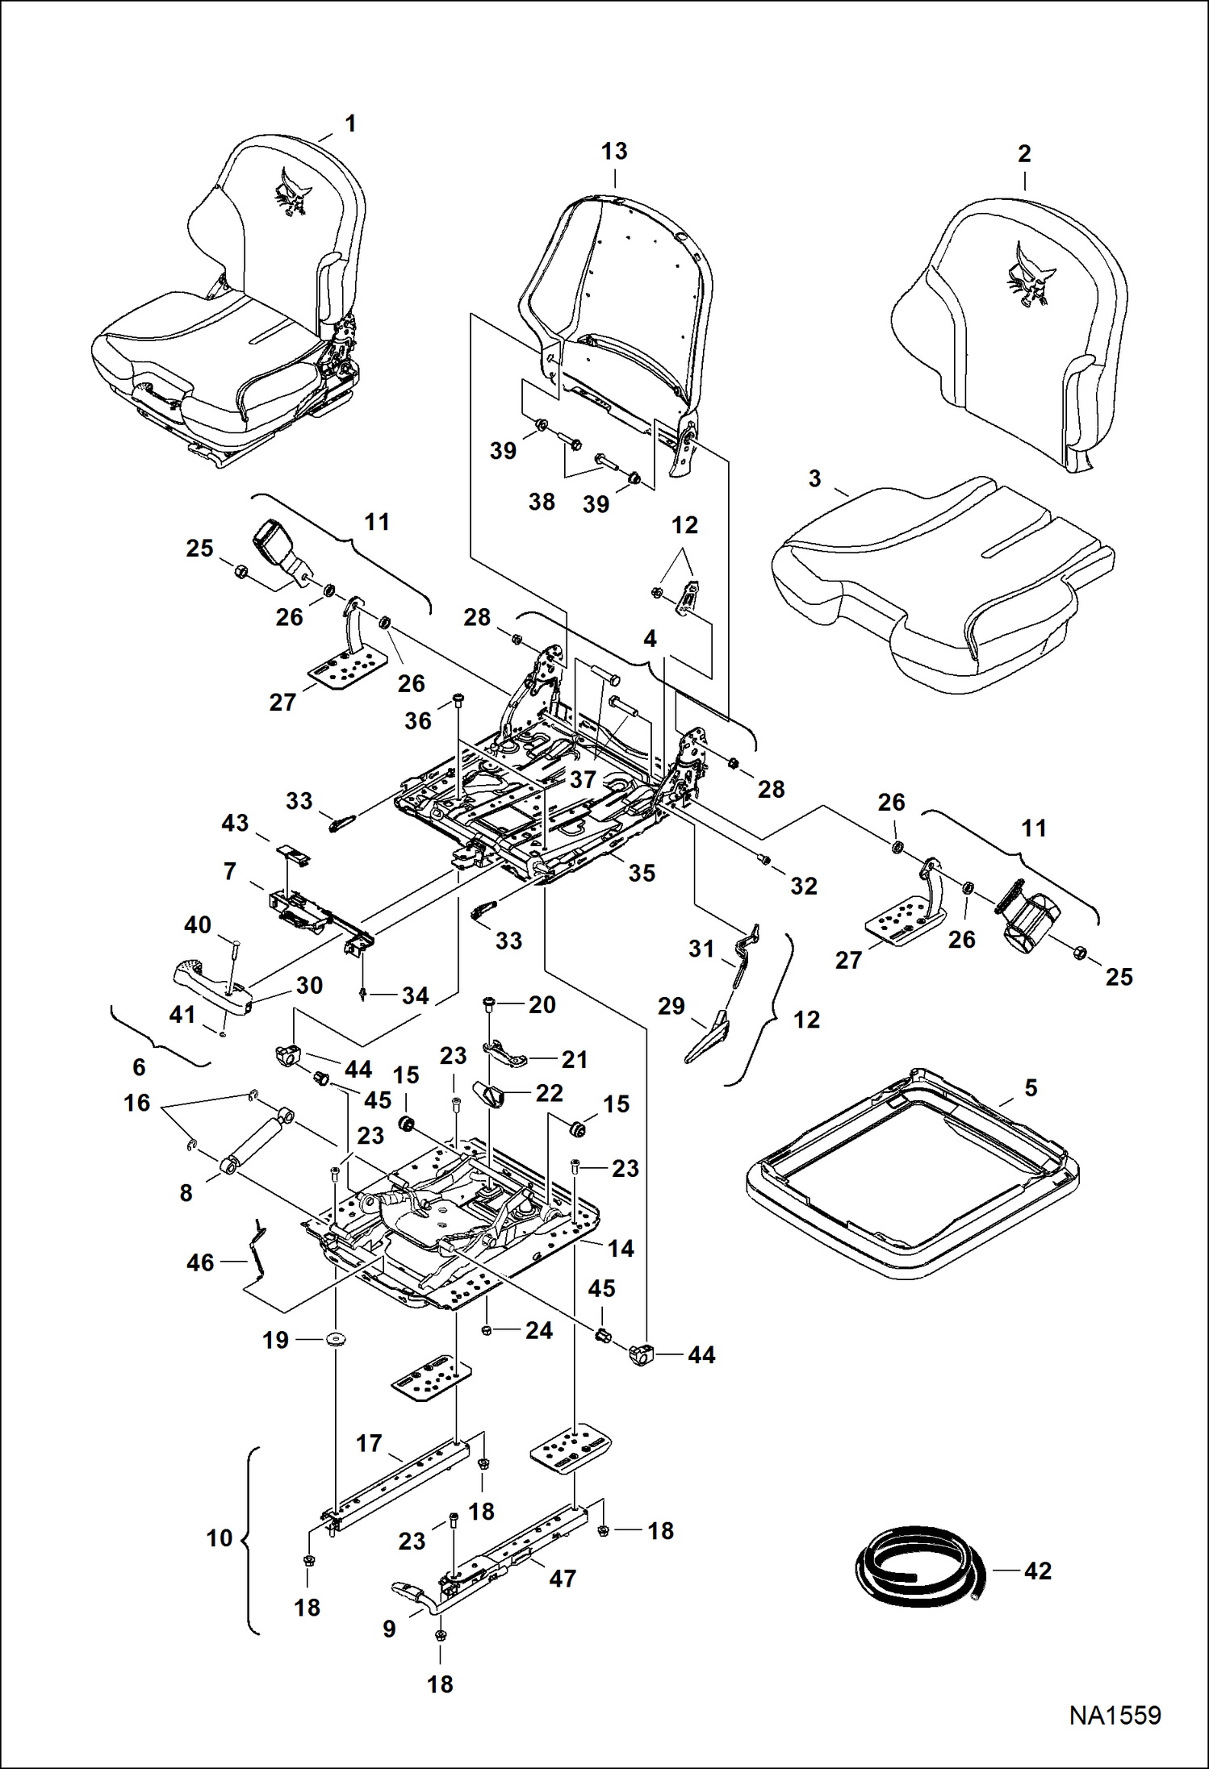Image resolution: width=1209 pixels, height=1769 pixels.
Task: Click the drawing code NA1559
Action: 1115,1715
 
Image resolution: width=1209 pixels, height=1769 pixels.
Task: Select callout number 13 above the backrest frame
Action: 614,151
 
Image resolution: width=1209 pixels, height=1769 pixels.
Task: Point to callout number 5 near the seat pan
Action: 1031,1087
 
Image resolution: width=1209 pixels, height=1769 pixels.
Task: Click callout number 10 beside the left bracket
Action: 220,1538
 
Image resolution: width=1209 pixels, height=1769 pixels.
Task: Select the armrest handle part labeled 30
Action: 211,983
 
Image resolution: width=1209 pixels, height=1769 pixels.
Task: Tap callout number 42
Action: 1038,1571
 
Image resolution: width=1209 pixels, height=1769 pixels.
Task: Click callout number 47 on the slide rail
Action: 563,1579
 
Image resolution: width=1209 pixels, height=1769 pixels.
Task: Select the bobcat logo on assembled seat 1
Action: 293,192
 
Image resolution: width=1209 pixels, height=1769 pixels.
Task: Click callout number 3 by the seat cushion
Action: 815,478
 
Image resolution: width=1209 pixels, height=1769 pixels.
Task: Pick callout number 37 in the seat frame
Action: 583,779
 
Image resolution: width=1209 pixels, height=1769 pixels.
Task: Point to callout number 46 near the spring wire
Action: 200,1262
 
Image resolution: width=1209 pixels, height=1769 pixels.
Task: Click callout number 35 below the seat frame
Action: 642,873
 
